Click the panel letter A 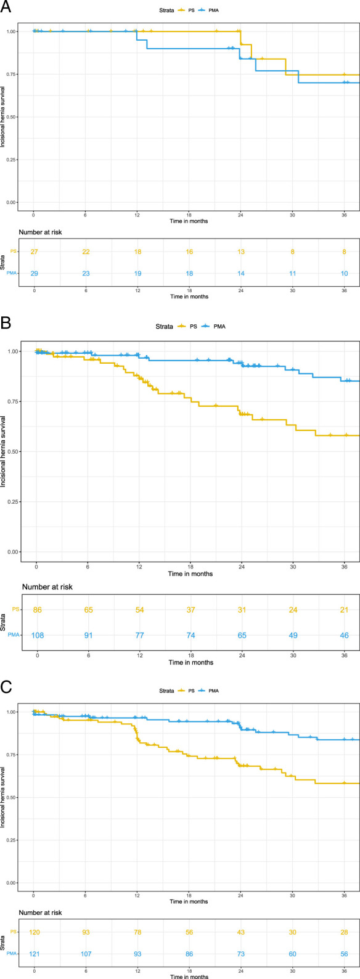pos(6,8)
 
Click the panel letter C pos(6,687)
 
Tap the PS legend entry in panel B pos(187,327)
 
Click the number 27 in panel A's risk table pos(34,252)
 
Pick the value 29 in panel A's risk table pos(34,274)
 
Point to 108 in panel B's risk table pos(38,636)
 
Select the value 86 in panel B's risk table pos(38,610)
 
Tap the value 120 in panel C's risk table pos(34,932)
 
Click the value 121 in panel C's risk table pos(34,954)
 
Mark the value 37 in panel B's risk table pos(191,610)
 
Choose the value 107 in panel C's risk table pos(86,954)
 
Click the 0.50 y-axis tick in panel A pos(12,117)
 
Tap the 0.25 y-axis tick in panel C pos(12,840)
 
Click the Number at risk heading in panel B pos(47,587)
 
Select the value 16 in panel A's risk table pos(189,252)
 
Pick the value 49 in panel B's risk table pos(293,636)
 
